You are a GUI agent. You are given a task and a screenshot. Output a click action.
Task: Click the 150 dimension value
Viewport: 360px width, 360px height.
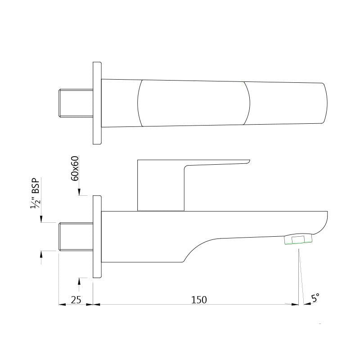199,300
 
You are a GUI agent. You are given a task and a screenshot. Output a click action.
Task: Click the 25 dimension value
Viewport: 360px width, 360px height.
76,300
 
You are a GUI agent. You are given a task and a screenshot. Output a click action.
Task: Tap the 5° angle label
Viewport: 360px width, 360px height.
315,297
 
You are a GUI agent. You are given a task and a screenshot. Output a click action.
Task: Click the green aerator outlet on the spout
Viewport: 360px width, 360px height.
298,240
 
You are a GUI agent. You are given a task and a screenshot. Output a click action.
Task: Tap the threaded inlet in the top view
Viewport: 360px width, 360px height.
76,103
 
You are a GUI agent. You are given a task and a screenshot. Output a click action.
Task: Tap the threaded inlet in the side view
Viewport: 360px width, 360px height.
76,236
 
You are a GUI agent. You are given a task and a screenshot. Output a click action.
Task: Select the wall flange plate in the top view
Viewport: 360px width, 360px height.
97,103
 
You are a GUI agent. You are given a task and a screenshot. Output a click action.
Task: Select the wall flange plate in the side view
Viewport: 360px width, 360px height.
97,237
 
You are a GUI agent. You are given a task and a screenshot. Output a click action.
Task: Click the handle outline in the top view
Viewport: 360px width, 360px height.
193,103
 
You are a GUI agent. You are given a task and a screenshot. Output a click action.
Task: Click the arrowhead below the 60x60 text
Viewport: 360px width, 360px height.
79,193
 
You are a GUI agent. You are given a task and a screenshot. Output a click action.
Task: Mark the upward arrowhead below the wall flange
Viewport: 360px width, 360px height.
79,281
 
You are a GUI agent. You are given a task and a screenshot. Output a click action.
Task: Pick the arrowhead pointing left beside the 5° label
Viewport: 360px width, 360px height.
307,304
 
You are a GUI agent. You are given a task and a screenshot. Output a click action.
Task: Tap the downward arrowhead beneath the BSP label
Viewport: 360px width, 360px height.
41,219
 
